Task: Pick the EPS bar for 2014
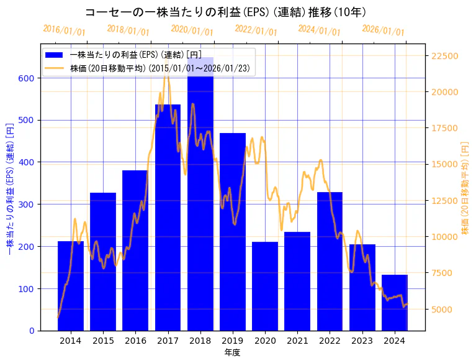point(71,286)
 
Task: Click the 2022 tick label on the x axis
point(330,341)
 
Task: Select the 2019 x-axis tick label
point(233,341)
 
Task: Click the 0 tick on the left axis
point(32,331)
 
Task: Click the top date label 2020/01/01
point(192,30)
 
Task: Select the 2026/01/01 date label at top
point(383,30)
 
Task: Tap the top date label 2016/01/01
point(65,30)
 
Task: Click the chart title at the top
point(225,12)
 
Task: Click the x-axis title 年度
point(233,352)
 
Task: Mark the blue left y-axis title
point(9,187)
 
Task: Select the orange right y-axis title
point(465,187)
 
